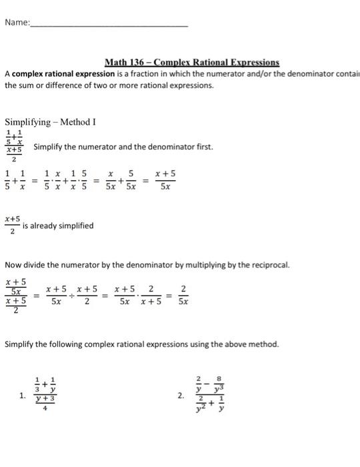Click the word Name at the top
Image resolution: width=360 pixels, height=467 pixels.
tap(16, 22)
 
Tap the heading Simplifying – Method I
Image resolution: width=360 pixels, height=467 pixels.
tap(51, 122)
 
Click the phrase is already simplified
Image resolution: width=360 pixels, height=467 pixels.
tap(58, 225)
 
